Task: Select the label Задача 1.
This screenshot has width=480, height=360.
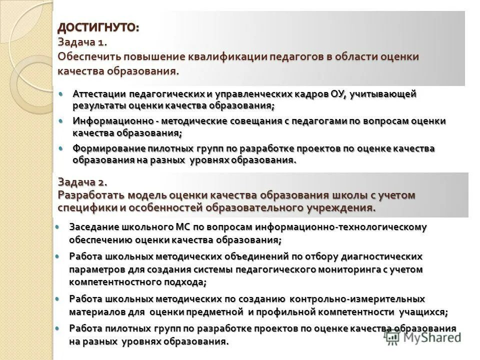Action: [x=82, y=42]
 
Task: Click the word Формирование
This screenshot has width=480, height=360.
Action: [x=108, y=148]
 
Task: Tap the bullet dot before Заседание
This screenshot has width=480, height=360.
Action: [x=58, y=226]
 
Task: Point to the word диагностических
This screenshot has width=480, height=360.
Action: [x=381, y=256]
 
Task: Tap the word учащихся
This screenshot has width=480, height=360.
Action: [x=422, y=312]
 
